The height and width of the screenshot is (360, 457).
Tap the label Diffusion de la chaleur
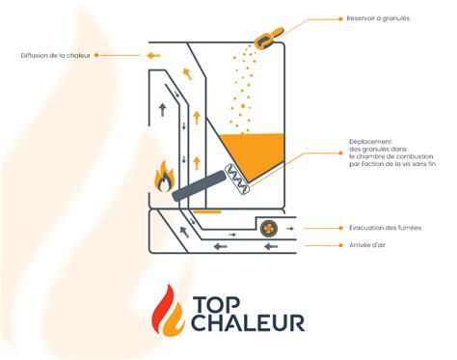pyautogui.click(x=55, y=55)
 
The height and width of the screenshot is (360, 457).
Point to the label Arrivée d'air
pyautogui.click(x=370, y=245)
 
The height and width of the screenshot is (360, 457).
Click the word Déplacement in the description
pyautogui.click(x=370, y=141)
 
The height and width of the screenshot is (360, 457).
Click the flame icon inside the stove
pyautogui.click(x=162, y=179)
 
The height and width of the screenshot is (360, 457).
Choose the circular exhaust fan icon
pyautogui.click(x=269, y=229)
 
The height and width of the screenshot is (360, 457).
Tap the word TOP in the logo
pyautogui.click(x=218, y=297)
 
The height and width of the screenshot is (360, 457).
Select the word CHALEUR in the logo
pyautogui.click(x=247, y=322)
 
